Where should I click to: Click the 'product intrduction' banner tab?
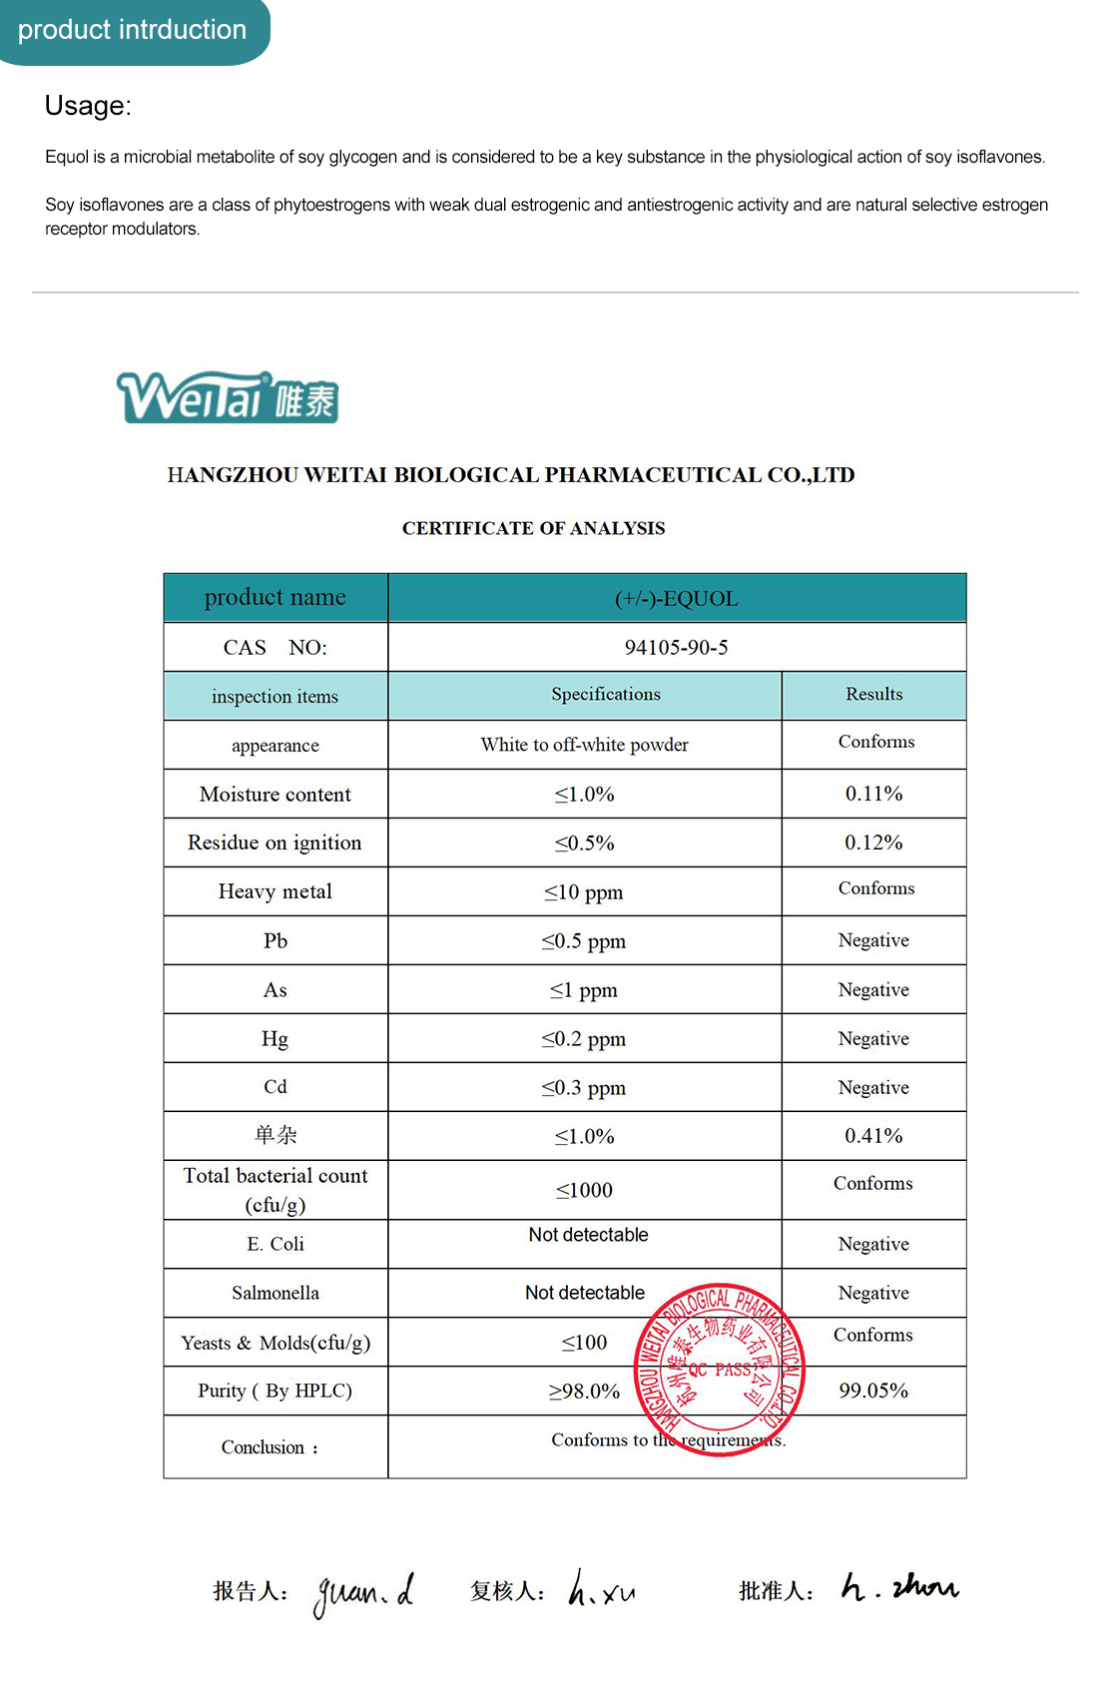click(132, 30)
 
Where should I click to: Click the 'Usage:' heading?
click(88, 106)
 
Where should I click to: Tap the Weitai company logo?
click(228, 398)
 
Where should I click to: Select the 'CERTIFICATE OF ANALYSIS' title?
click(533, 528)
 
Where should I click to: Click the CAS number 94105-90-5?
click(676, 648)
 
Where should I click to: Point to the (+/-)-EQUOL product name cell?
click(676, 599)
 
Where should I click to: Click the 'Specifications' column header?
click(605, 695)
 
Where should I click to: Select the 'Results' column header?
click(873, 695)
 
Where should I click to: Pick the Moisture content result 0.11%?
click(873, 794)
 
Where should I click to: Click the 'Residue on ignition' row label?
click(275, 843)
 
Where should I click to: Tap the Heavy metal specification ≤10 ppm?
click(583, 892)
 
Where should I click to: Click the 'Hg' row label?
click(275, 1039)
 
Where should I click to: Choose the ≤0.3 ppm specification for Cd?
click(583, 1088)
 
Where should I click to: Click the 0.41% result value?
click(873, 1136)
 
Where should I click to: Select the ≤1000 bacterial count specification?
click(584, 1190)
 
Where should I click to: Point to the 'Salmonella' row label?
click(276, 1293)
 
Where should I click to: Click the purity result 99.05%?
click(873, 1391)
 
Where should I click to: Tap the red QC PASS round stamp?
click(719, 1369)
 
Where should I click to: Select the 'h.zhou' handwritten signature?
click(898, 1587)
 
